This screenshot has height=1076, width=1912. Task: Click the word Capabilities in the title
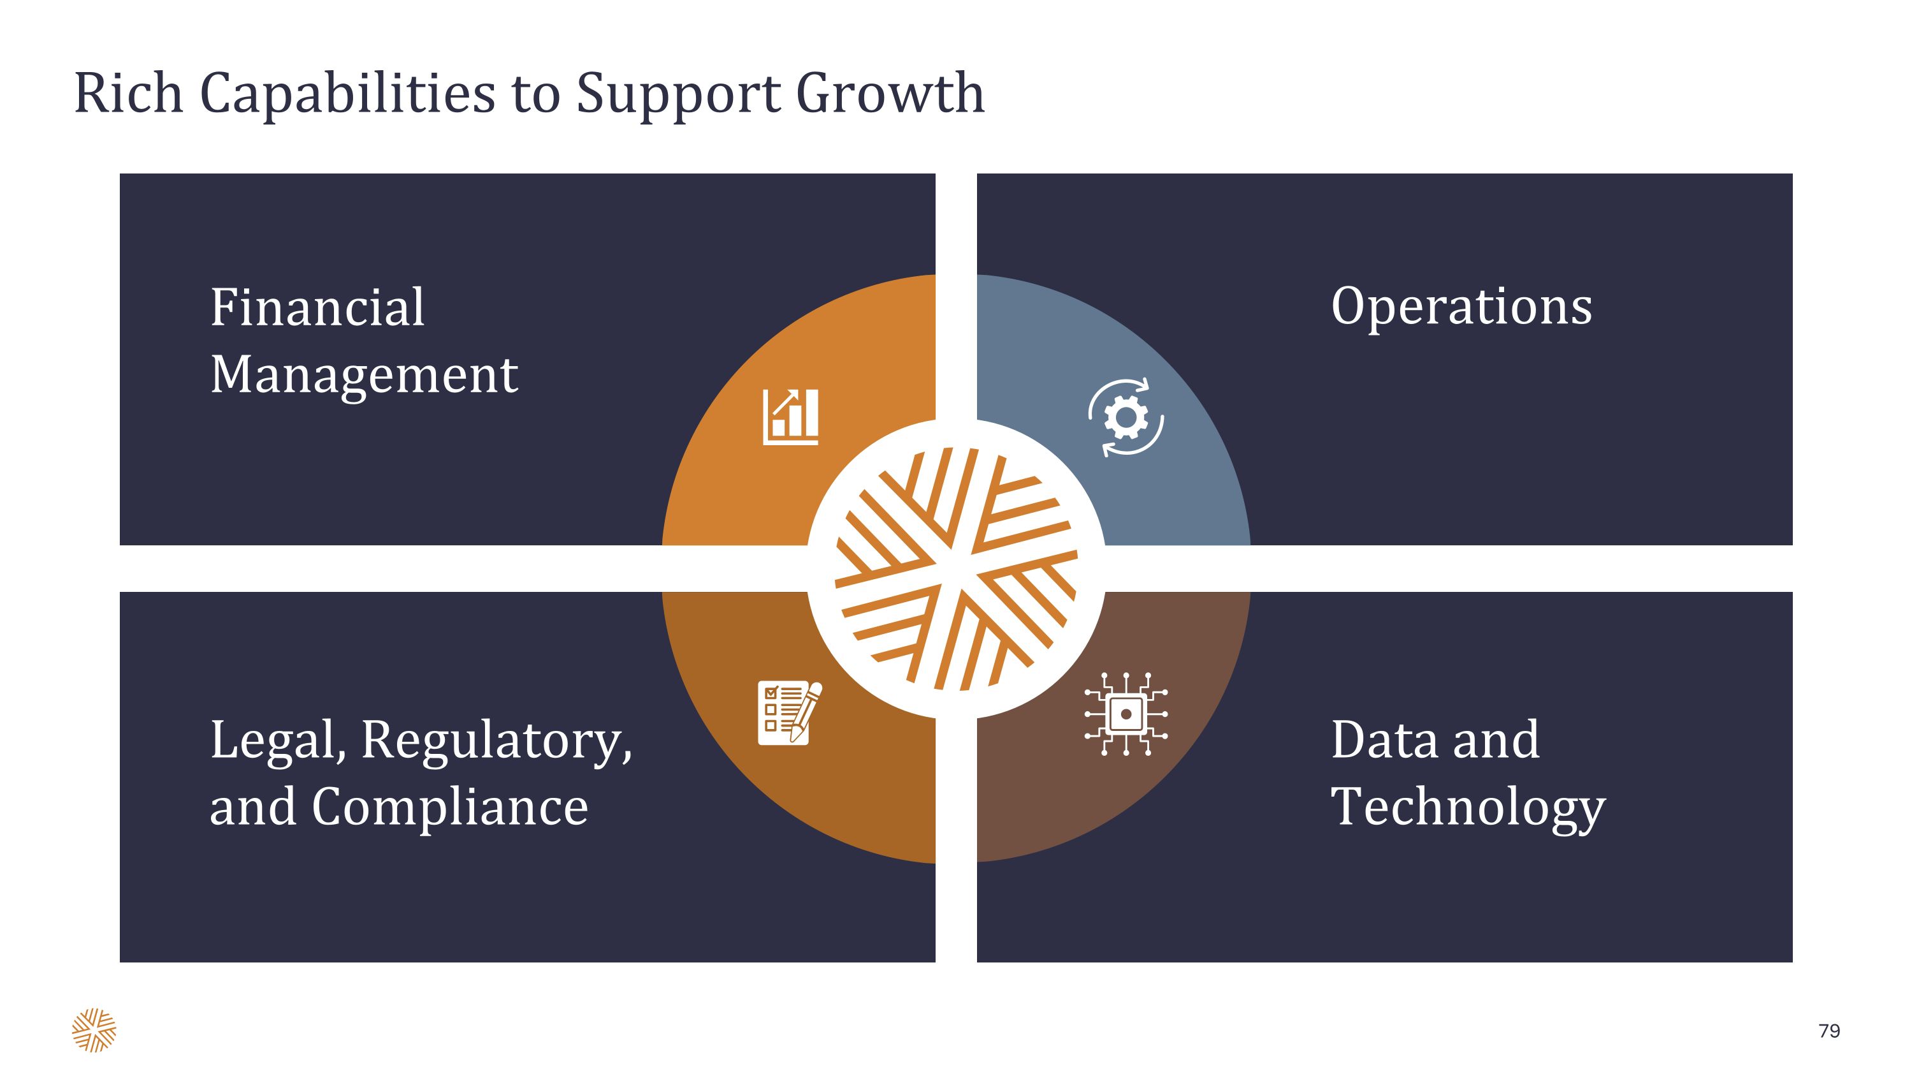click(347, 95)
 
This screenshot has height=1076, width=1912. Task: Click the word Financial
click(317, 307)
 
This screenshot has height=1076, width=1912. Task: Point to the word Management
click(364, 376)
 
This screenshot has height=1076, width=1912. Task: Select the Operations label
click(1461, 308)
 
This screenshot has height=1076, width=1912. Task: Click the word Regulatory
click(496, 742)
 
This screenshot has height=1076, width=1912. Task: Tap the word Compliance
click(450, 807)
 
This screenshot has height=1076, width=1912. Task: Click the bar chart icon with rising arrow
click(790, 417)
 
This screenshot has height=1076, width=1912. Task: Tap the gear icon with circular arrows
click(1126, 417)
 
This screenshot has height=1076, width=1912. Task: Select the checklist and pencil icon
click(790, 713)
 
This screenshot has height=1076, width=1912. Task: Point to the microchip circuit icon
click(1126, 714)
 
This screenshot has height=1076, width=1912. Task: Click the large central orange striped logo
click(956, 569)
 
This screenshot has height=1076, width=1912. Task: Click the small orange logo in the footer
click(94, 1030)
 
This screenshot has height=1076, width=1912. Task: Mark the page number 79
click(1829, 1031)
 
